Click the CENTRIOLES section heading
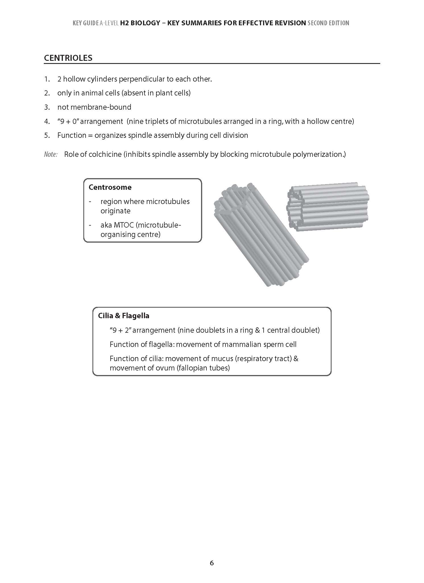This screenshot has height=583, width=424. (68, 58)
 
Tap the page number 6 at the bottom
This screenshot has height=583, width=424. (212, 563)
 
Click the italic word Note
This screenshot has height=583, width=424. (51, 155)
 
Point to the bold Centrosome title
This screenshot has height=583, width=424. (110, 187)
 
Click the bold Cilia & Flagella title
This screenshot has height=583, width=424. (123, 316)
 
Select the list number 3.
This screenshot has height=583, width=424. (47, 107)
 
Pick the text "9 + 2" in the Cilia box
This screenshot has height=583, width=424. (120, 330)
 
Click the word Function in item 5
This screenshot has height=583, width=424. (71, 136)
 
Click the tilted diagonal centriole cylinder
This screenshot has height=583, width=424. (260, 236)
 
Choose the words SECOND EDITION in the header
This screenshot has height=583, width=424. (328, 23)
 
